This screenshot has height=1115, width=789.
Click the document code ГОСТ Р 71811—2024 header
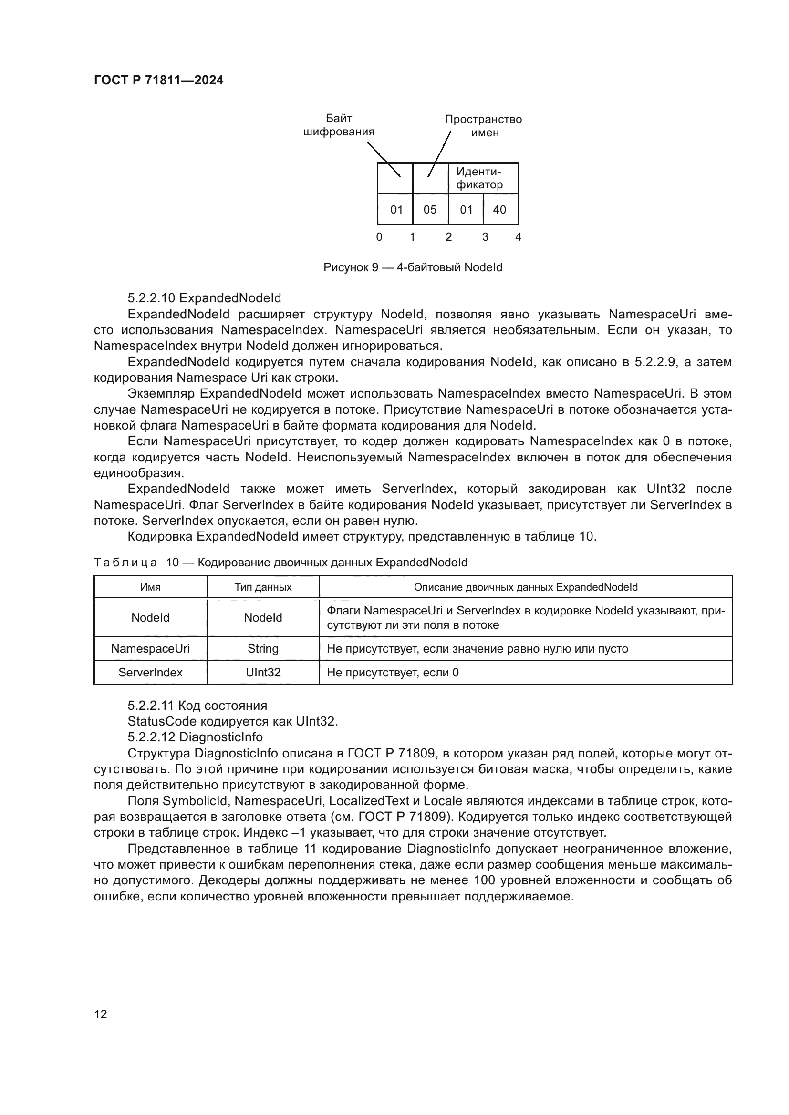pyautogui.click(x=158, y=81)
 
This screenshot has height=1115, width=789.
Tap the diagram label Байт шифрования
pyautogui.click(x=339, y=125)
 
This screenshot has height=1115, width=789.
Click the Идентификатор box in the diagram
pyautogui.click(x=482, y=178)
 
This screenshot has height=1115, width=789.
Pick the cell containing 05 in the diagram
pyautogui.click(x=430, y=210)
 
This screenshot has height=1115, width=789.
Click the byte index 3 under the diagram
pyautogui.click(x=485, y=237)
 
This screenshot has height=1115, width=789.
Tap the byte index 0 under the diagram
pyautogui.click(x=379, y=237)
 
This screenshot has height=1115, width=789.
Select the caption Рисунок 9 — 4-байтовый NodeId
pyautogui.click(x=413, y=267)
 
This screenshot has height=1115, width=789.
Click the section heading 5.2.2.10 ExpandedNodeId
pyautogui.click(x=204, y=297)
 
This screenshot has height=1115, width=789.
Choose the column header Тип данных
pyautogui.click(x=263, y=587)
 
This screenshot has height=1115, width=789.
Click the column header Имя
pyautogui.click(x=150, y=587)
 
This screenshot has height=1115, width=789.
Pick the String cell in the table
pyautogui.click(x=263, y=649)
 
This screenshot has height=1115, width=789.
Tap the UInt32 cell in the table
pyautogui.click(x=263, y=673)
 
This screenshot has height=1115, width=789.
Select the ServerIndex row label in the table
pyautogui.click(x=150, y=673)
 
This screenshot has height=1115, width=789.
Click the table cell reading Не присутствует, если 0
pyautogui.click(x=393, y=673)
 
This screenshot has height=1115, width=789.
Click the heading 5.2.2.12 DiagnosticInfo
pyautogui.click(x=195, y=737)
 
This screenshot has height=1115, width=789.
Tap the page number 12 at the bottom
pyautogui.click(x=101, y=1014)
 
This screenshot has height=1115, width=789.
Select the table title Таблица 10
pyautogui.click(x=280, y=563)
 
